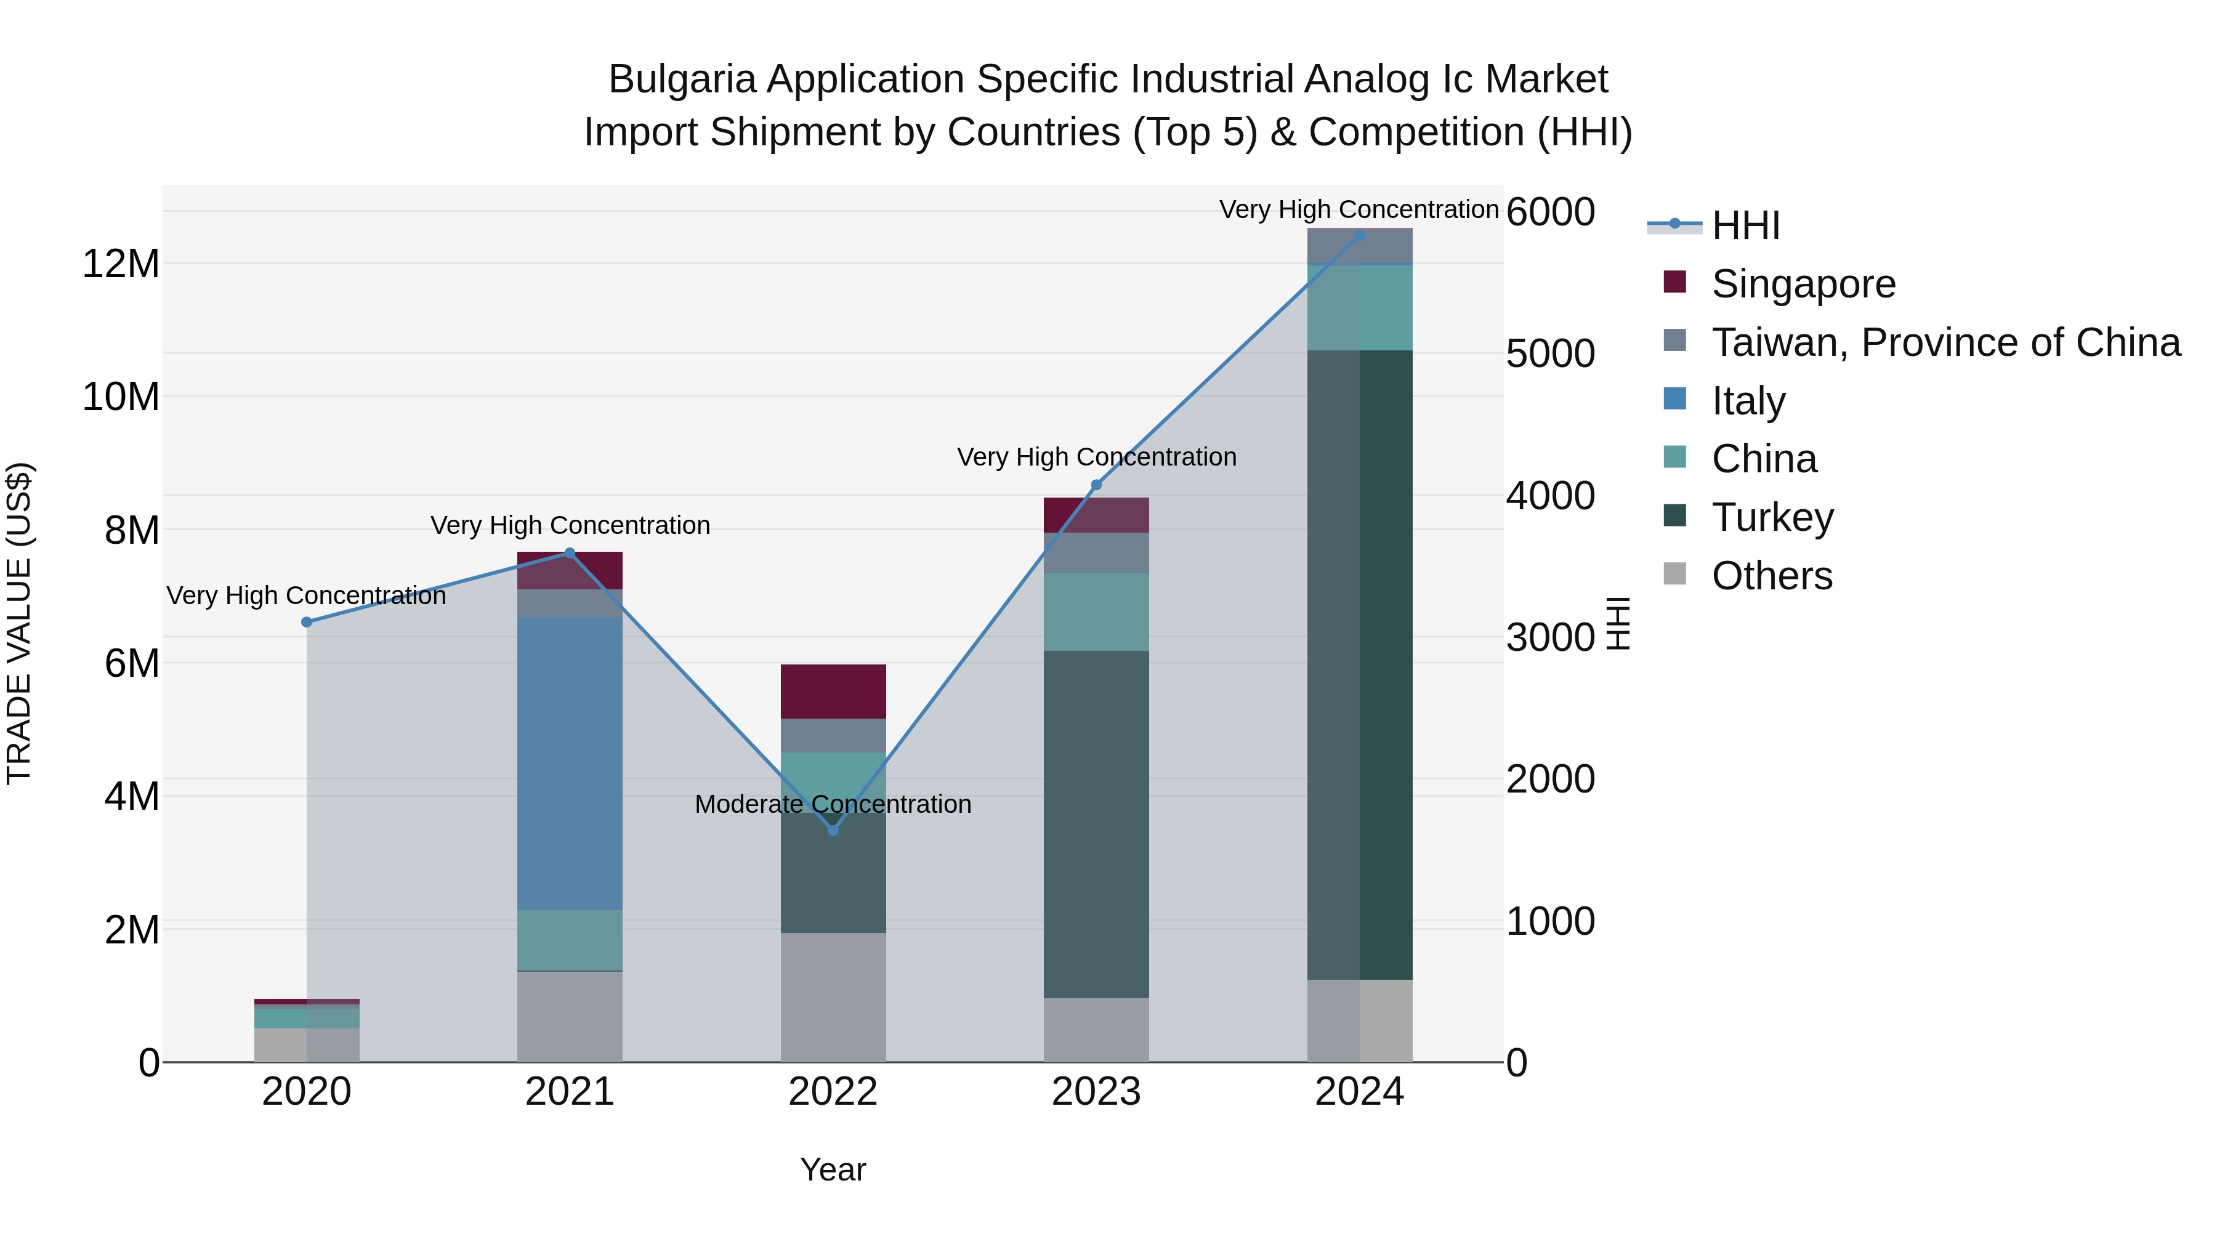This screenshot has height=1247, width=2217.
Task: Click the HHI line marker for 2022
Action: pos(832,829)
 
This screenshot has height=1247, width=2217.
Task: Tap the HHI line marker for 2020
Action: pos(307,622)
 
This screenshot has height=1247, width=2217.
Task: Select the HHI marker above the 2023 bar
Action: pos(1096,485)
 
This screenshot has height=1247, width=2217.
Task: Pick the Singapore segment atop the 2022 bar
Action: pos(832,691)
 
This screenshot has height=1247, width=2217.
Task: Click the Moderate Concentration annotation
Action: pos(832,804)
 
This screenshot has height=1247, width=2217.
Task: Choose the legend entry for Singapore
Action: pos(1803,284)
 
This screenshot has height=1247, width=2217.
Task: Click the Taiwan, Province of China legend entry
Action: pos(1945,342)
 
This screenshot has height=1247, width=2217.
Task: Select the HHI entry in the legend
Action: pos(1745,225)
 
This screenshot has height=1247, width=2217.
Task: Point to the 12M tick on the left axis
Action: pos(121,264)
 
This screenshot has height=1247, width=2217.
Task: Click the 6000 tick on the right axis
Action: pos(1550,212)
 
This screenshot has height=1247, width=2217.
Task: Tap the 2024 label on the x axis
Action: pos(1359,1092)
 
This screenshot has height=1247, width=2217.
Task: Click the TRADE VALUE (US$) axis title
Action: pos(20,623)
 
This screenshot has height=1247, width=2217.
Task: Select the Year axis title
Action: pos(832,1169)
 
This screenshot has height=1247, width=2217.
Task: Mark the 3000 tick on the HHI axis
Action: pos(1550,638)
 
